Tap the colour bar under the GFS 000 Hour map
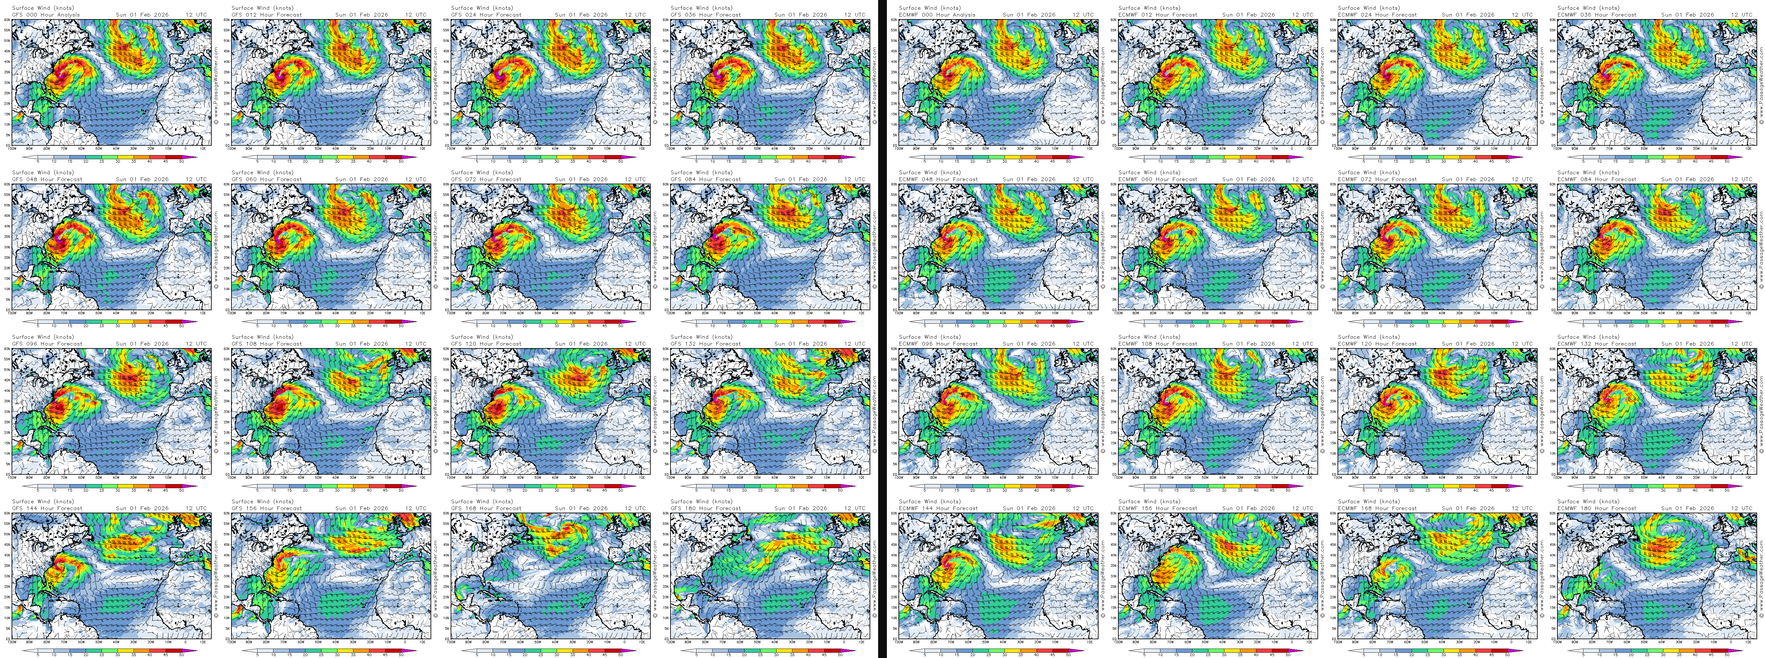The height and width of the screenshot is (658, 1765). coord(110,157)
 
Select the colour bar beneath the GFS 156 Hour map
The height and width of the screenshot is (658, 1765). coord(329,650)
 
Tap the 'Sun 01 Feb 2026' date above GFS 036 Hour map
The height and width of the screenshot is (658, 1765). coord(800,14)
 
